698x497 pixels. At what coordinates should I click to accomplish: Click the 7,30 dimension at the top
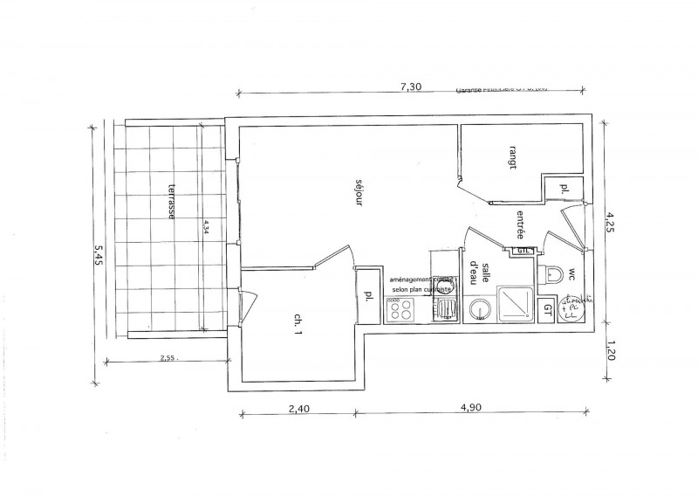click(x=410, y=86)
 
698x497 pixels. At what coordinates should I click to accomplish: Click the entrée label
click(x=520, y=224)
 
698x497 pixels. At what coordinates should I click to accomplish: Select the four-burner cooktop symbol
click(x=402, y=307)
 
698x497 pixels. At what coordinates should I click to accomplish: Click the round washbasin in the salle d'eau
click(x=479, y=308)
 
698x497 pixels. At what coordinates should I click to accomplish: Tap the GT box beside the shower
click(x=547, y=307)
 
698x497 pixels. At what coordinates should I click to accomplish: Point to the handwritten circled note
click(x=575, y=308)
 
